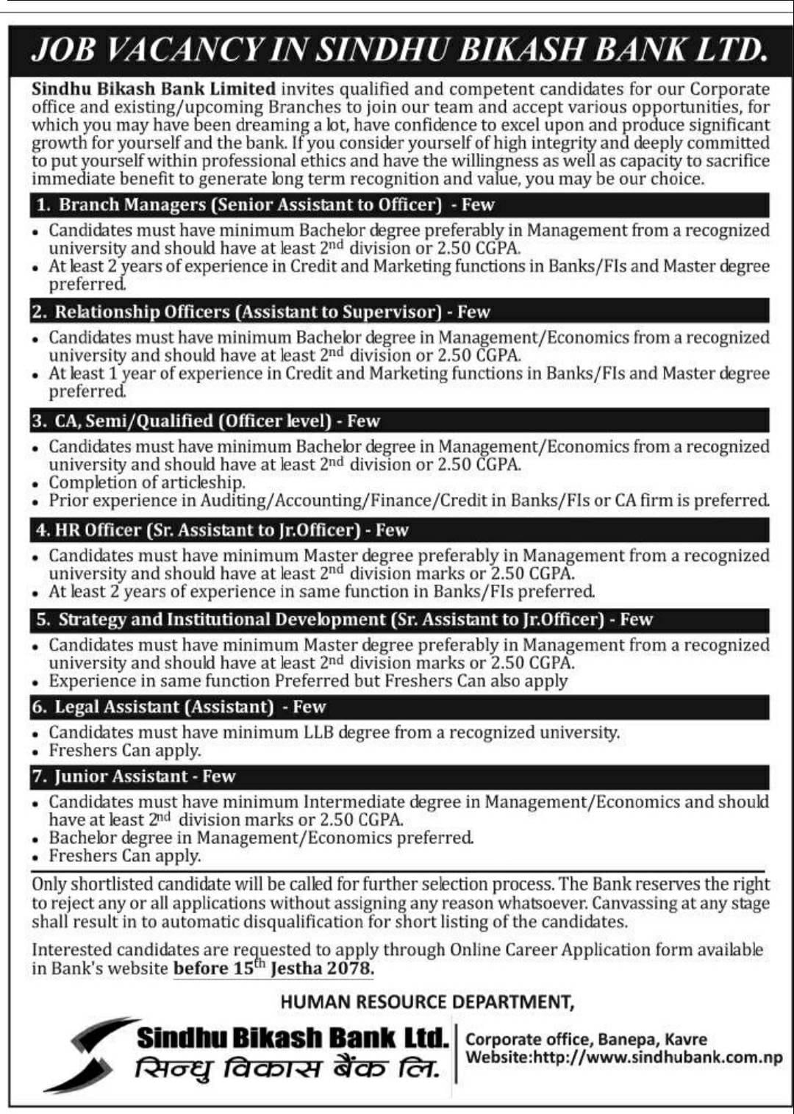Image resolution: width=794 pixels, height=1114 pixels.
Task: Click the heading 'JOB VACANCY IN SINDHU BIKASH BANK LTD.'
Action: pos(399,49)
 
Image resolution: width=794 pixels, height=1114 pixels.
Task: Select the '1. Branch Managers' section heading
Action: pos(265,204)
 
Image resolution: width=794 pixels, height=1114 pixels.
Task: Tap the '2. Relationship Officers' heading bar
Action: pos(260,312)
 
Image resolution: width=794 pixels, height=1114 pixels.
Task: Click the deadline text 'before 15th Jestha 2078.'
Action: pos(273,968)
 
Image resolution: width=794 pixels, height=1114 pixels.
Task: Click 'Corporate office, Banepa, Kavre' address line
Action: pos(586,1039)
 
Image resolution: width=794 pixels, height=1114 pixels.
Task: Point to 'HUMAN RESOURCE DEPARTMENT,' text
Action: pos(427,1001)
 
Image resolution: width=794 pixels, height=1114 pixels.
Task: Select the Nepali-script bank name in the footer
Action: pos(287,1068)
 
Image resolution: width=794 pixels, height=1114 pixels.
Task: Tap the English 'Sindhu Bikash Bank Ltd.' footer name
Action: pos(292,1038)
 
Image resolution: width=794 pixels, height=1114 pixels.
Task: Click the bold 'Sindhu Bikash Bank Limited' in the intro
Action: pos(154,89)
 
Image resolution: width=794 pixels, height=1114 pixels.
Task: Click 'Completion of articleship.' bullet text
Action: pos(147,482)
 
